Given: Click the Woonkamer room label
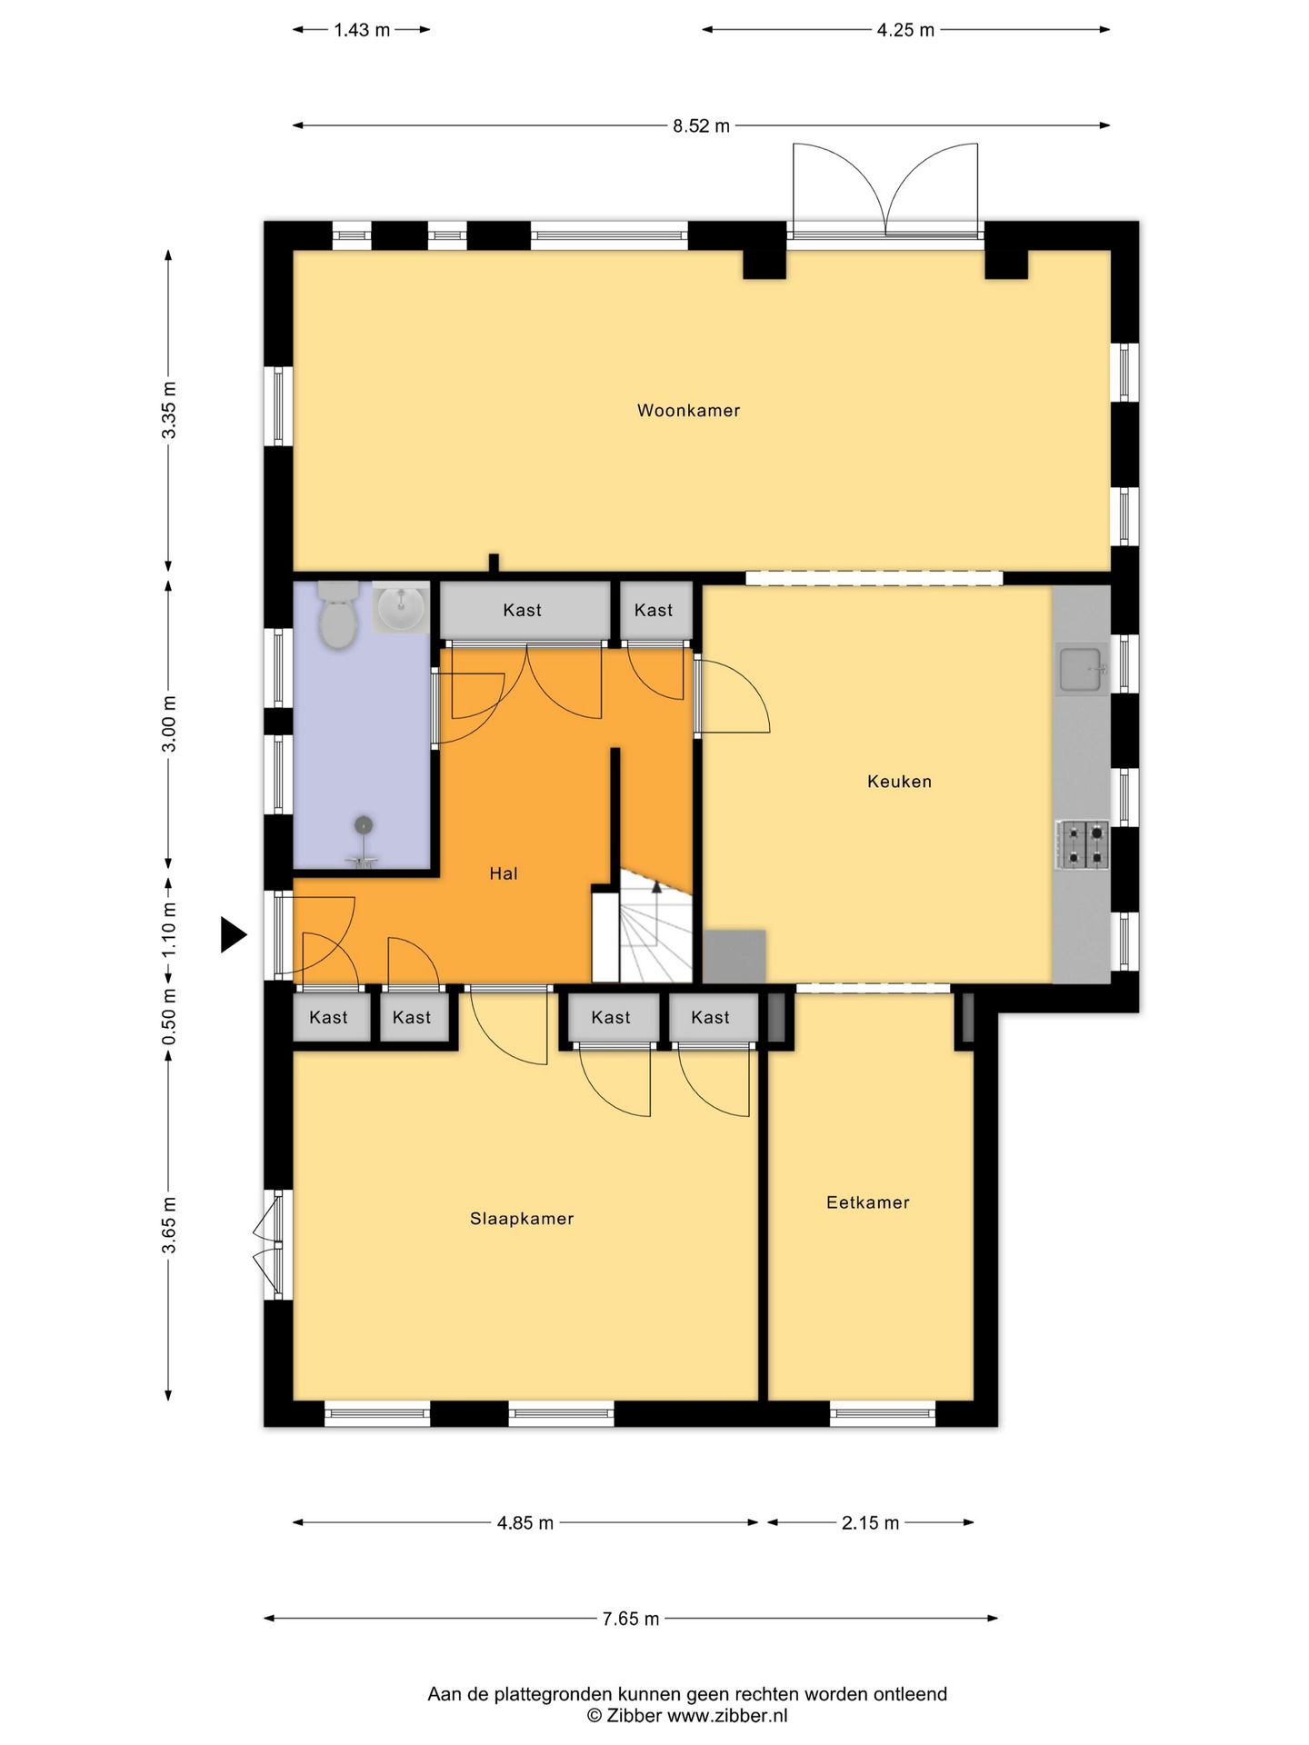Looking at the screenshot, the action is point(688,411).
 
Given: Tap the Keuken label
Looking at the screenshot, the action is point(899,782).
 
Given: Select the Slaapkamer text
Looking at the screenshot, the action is point(522,1219).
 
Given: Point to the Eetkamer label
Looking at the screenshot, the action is point(867,1202).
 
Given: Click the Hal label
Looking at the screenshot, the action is point(503,873).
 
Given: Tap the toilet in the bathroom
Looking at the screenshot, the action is point(337,614).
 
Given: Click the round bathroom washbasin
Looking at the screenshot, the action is point(400,607).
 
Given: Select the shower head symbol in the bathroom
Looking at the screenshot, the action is point(364,825).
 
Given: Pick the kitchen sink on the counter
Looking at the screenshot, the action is point(1082,670).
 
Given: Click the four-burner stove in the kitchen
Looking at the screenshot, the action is point(1082,844).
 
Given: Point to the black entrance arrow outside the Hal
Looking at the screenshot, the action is point(234,934).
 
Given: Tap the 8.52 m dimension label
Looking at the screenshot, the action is point(701,126).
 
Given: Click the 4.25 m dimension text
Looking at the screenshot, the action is point(905,30).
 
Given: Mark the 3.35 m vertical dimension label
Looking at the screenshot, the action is point(169,410).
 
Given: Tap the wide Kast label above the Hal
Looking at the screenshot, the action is point(522,611).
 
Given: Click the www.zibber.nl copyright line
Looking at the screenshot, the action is point(687,1716).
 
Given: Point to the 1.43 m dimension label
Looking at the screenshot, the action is point(362,30).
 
